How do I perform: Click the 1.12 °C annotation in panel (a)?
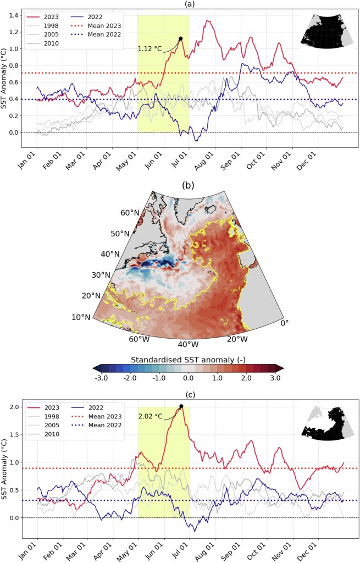[149, 49]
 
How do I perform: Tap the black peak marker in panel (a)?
[180, 38]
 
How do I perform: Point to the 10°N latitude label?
[81, 317]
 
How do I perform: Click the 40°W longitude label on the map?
[187, 344]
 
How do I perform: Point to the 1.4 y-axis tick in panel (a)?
[18, 15]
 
